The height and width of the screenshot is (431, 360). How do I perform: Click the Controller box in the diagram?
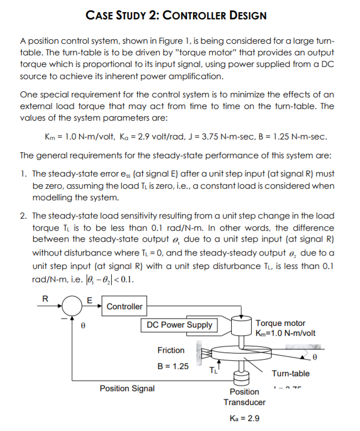pyautogui.click(x=124, y=307)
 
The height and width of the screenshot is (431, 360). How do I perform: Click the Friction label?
pyautogui.click(x=171, y=350)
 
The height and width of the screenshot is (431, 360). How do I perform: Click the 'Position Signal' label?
pyautogui.click(x=127, y=388)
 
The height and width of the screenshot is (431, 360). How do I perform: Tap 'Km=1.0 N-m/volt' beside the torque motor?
pyautogui.click(x=286, y=333)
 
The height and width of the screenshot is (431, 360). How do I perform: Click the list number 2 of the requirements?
pyautogui.click(x=23, y=216)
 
